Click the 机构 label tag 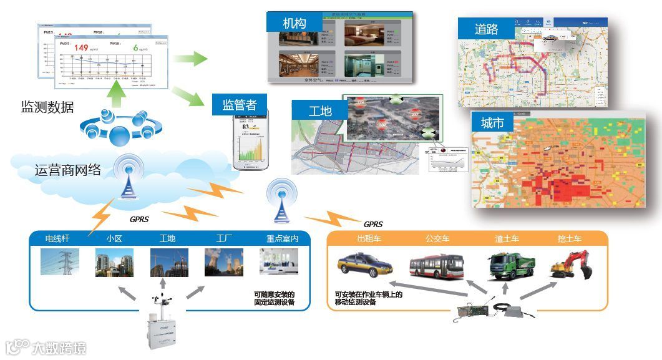tap(294, 23)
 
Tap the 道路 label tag tap(487, 29)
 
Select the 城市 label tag tap(492, 123)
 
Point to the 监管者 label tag tap(240, 104)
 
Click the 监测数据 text tap(47, 107)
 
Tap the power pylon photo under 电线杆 tap(60, 262)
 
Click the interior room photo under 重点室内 tap(278, 262)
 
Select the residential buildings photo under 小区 tap(114, 262)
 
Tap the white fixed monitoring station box tap(163, 331)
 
